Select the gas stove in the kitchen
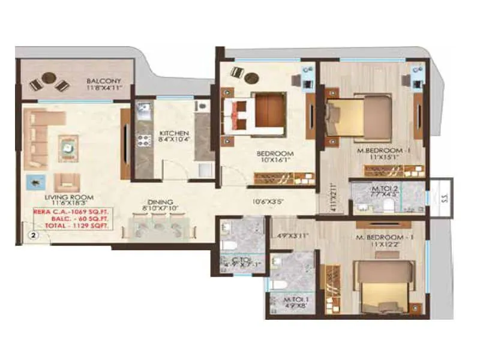(x=143, y=141)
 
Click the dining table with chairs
(x=158, y=227)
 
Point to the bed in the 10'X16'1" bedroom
(x=258, y=113)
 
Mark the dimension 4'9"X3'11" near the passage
(x=289, y=236)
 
